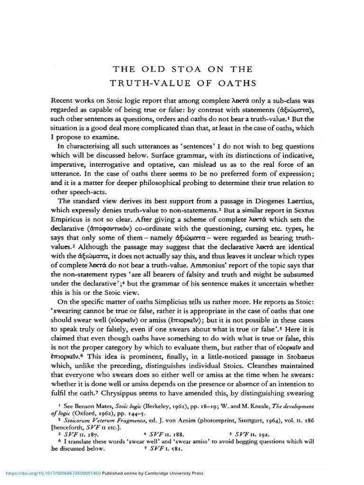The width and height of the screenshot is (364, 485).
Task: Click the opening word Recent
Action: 63,101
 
